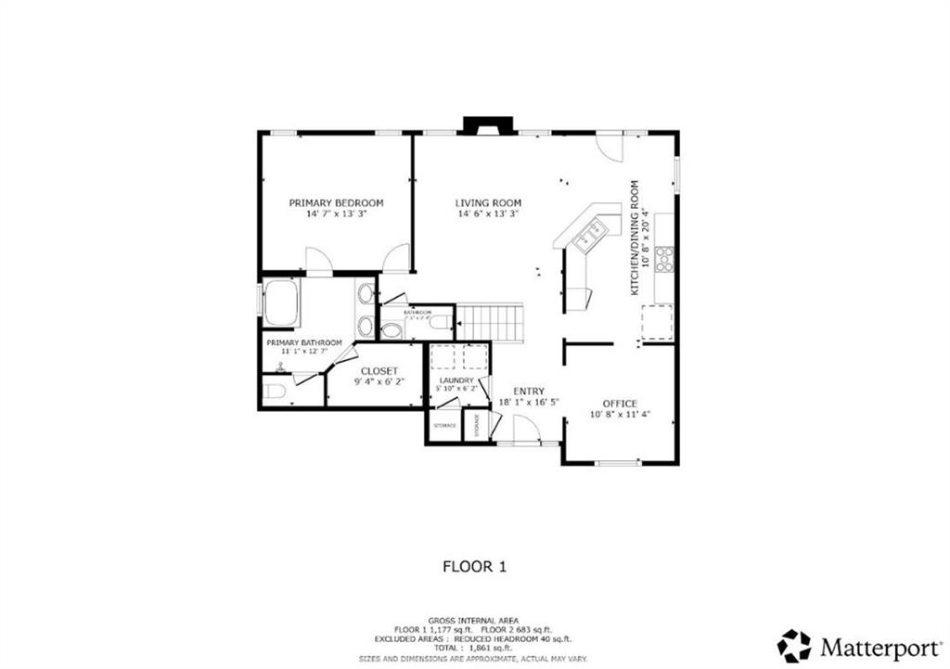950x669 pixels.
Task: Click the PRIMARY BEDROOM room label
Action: (x=336, y=202)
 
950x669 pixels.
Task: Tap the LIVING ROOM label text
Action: (x=488, y=202)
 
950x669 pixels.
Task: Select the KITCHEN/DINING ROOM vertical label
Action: (x=635, y=238)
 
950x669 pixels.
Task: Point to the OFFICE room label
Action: (x=620, y=403)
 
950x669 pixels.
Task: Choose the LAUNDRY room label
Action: (x=456, y=380)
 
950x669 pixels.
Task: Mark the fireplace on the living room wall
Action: (x=488, y=126)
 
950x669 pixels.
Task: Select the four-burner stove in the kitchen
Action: (x=664, y=259)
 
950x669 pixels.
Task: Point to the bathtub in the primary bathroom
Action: (x=280, y=303)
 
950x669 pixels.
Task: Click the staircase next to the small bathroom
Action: (x=491, y=323)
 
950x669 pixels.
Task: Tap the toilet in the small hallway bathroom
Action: (x=392, y=329)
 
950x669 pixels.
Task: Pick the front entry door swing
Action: (x=526, y=430)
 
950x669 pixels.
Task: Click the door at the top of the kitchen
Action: (x=609, y=146)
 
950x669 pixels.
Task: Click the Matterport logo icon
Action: (x=794, y=645)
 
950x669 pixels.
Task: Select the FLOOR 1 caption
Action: (x=473, y=565)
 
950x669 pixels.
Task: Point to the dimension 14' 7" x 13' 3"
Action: (x=336, y=213)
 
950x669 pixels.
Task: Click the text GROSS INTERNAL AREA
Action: (x=473, y=620)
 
